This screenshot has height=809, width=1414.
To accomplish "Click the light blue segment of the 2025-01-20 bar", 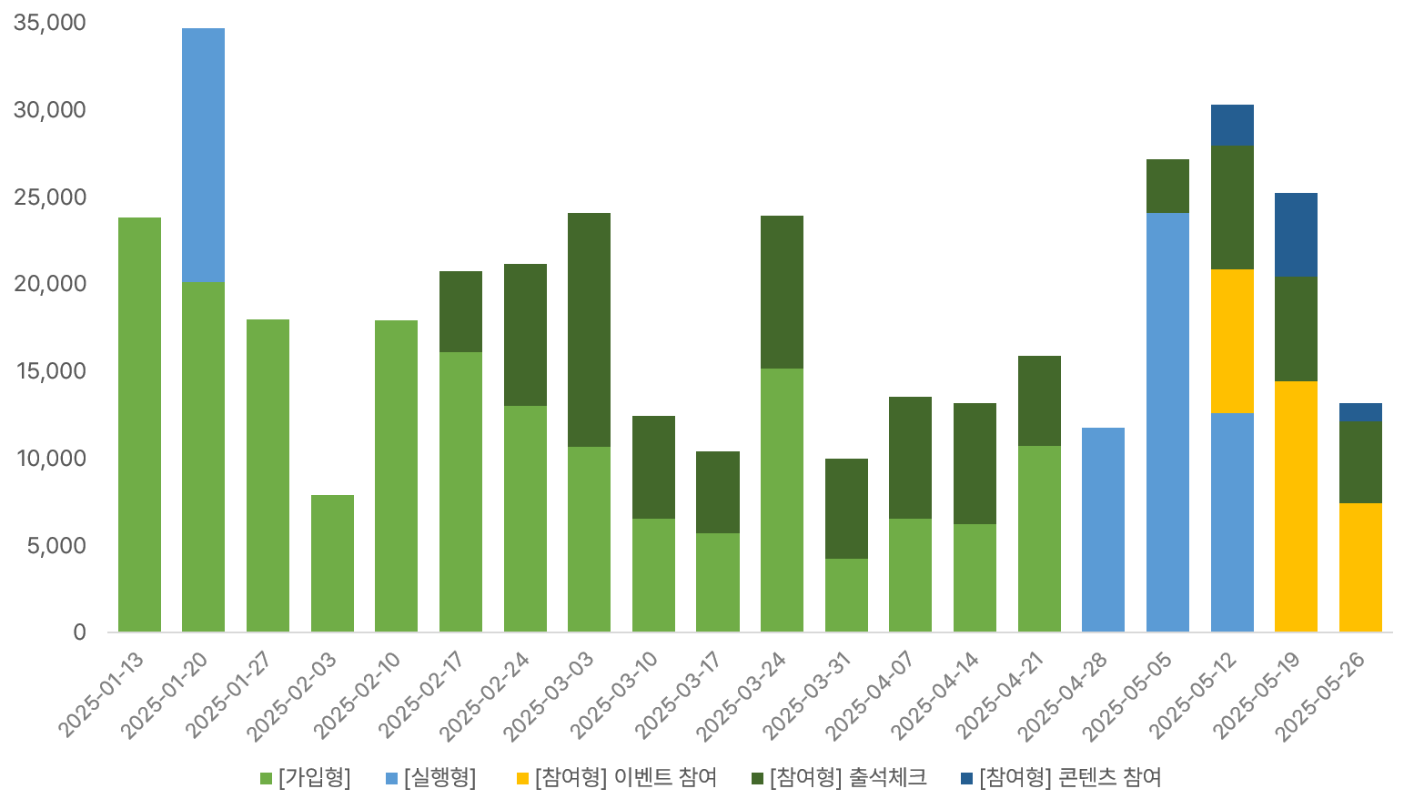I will coord(203,155).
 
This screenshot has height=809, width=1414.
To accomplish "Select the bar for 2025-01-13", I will coord(139,424).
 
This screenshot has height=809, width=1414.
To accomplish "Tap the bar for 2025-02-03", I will coord(332,563).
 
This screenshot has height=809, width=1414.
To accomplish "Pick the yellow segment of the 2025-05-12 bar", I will coord(1232,341).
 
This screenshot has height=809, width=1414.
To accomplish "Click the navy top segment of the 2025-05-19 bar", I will coord(1296,235).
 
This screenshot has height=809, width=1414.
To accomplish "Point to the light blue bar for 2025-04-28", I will coord(1103,530).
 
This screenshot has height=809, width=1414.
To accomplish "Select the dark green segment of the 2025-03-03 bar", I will coord(589,329).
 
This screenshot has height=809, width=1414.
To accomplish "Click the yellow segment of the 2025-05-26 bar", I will coord(1360,567).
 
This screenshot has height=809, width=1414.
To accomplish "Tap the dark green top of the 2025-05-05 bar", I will coord(1167,187).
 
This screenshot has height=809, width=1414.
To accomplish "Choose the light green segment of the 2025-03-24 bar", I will coord(782,500).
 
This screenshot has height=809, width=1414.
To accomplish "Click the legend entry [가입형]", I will coord(306,778).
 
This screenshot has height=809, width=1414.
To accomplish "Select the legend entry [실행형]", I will coord(430,778).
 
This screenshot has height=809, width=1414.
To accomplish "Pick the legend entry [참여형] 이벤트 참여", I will coord(616,778).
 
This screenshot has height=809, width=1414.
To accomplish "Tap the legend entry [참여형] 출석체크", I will coord(839,778).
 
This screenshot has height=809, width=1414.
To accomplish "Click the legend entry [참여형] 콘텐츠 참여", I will coord(1061,778).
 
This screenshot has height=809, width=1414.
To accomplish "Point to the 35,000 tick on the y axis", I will coord(50,23).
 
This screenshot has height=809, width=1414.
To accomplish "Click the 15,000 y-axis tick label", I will coord(50,371).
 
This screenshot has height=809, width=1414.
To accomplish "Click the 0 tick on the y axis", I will coord(80,632).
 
